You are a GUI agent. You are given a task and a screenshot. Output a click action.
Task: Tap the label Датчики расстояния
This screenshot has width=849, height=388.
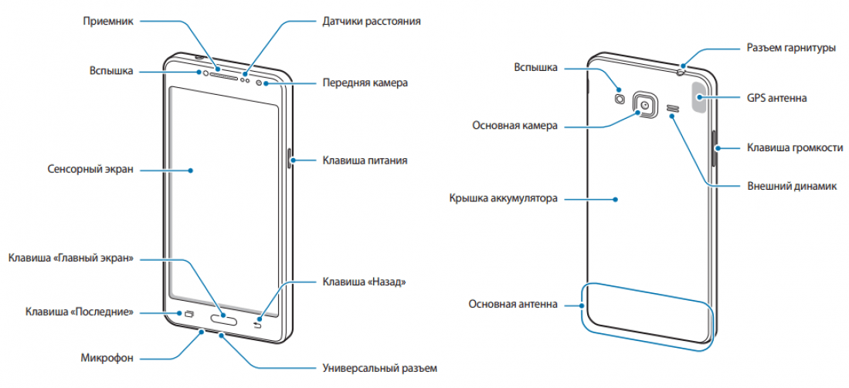click(372, 21)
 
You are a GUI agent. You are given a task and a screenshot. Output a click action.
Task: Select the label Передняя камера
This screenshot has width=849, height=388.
click(365, 83)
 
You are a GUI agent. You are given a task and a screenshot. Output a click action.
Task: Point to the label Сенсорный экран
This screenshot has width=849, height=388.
click(90, 170)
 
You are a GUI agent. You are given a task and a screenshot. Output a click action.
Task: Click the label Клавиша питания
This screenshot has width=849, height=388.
click(365, 160)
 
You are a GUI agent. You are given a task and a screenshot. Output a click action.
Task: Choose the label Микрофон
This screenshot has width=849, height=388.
click(107, 358)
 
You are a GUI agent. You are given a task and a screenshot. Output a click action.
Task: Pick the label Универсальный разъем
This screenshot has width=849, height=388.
click(379, 369)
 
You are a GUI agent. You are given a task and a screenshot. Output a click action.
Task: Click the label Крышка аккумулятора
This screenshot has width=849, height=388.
click(503, 198)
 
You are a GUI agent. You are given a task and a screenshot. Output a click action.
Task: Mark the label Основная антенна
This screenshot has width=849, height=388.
click(513, 304)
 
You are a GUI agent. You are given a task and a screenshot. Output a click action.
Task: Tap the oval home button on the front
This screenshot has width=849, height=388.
click(222, 319)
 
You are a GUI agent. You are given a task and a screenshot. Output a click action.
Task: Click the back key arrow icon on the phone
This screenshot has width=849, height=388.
click(257, 324)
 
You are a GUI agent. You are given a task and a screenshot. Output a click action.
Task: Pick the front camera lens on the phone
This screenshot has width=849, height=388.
click(259, 83)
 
